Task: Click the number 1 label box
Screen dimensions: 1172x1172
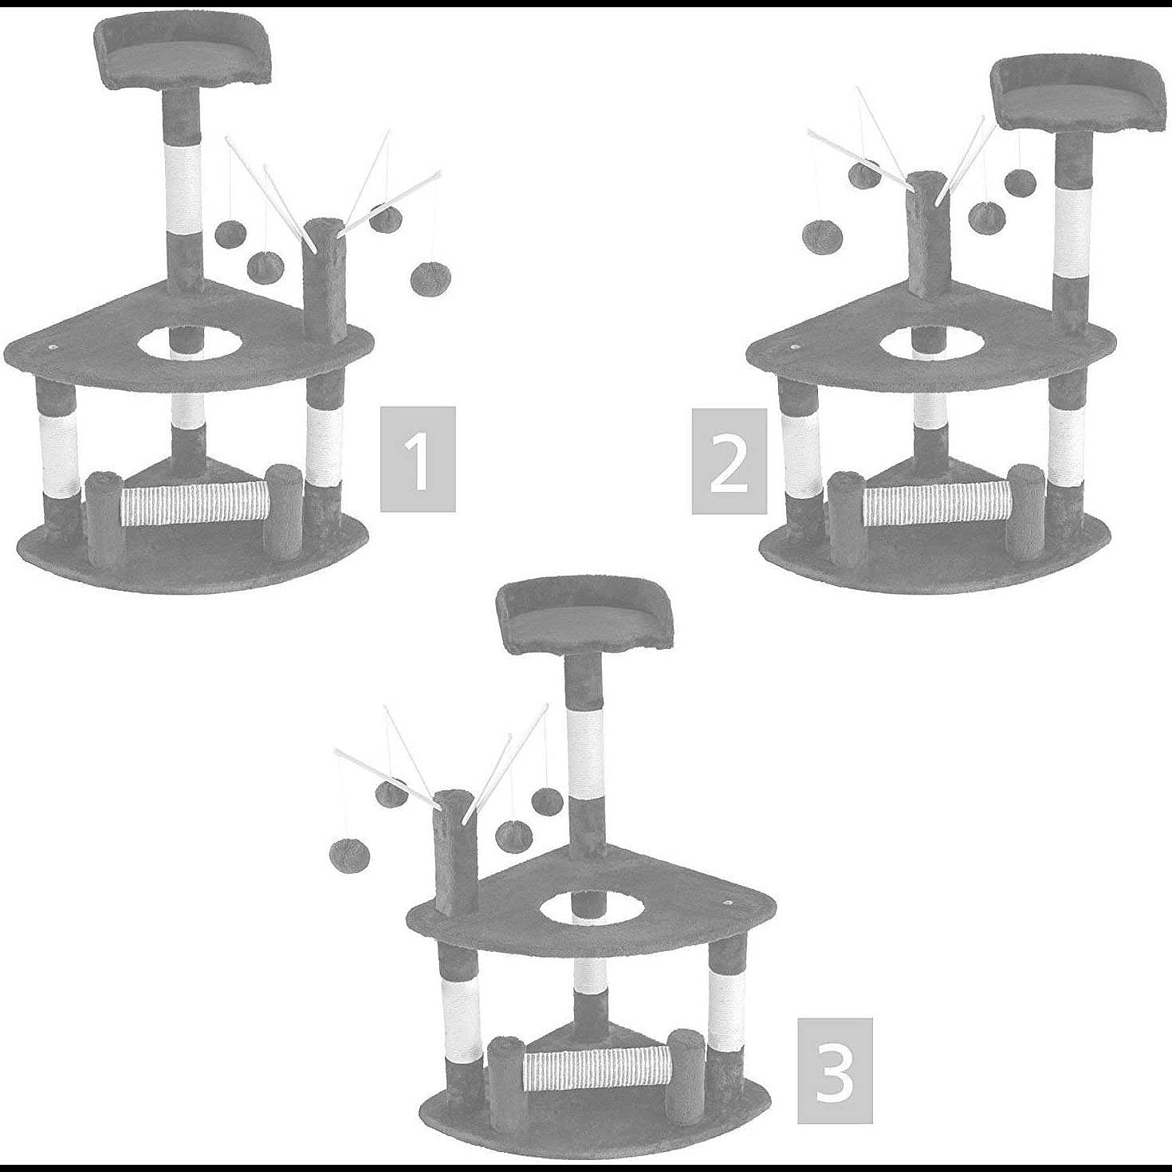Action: tap(418, 459)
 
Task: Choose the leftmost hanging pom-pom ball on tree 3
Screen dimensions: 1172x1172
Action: tap(348, 854)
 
